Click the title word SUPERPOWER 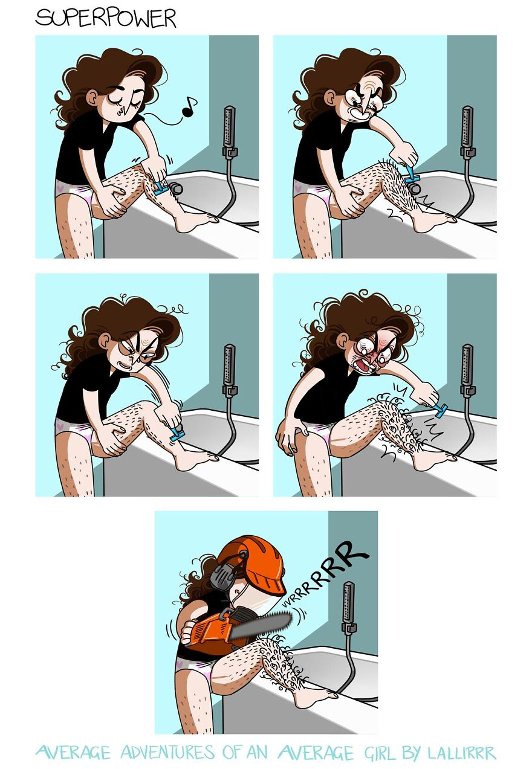(106, 18)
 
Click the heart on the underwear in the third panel (60, 426)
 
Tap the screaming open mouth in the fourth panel (366, 367)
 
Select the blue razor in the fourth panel (440, 411)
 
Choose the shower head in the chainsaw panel (348, 601)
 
